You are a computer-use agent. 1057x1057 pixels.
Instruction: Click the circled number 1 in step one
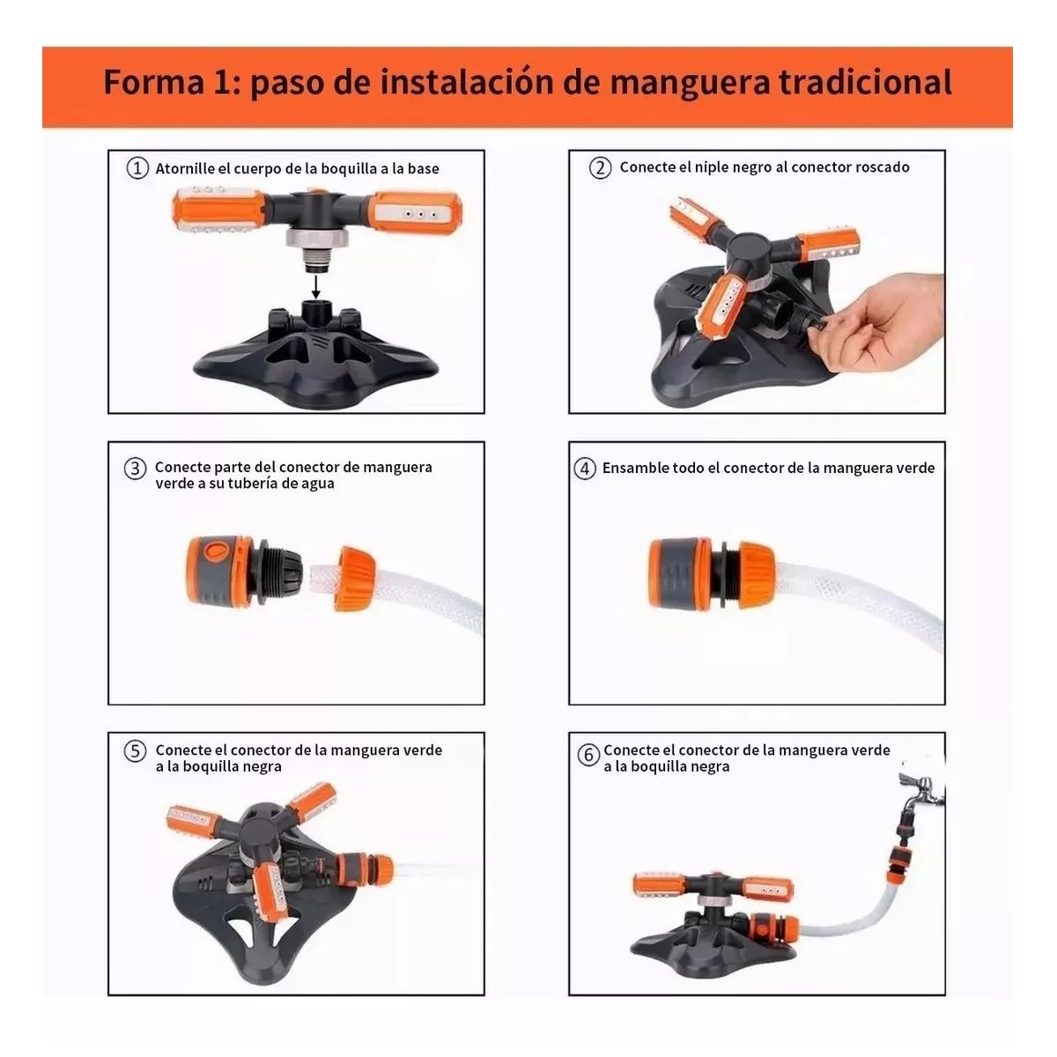[137, 168]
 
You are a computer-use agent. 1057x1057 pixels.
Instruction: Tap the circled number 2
[600, 167]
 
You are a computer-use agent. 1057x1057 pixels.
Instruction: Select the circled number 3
[134, 469]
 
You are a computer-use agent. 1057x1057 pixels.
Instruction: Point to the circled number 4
[585, 468]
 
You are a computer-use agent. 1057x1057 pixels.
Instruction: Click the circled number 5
[135, 751]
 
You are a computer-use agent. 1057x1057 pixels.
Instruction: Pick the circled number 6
[588, 755]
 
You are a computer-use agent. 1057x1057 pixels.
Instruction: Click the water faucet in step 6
[920, 793]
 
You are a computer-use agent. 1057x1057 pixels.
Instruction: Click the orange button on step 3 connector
[214, 553]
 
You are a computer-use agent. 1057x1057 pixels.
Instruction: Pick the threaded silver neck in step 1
[315, 249]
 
